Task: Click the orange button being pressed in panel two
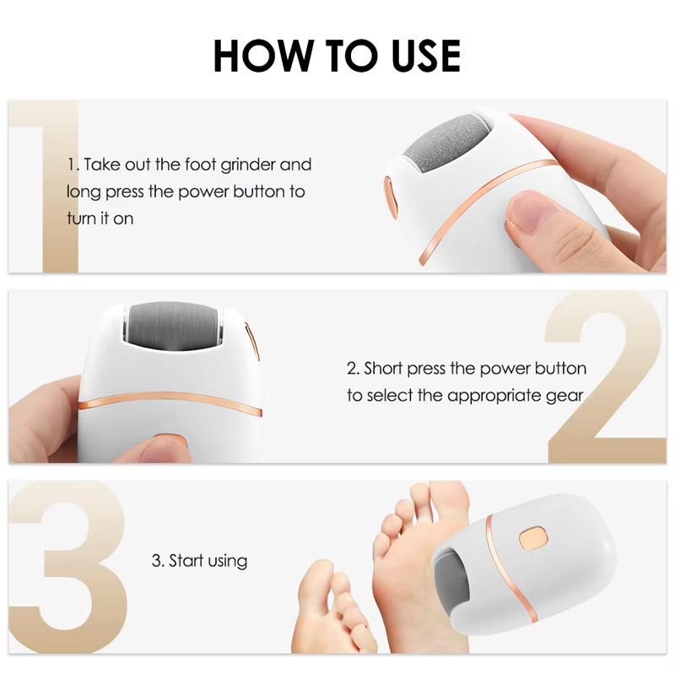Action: click(168, 441)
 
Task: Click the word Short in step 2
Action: click(387, 369)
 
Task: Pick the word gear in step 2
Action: click(566, 396)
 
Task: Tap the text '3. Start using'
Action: click(199, 560)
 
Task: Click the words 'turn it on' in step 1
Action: click(100, 218)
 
